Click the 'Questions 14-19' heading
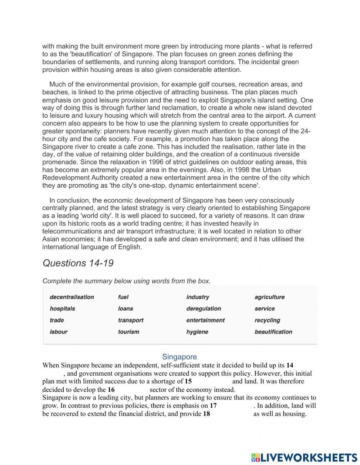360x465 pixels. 78,263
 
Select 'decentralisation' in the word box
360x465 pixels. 72,297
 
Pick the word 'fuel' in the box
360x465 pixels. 123,297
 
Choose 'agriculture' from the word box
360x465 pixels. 269,297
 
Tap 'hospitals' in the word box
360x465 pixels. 62,309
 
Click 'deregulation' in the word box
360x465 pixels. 203,309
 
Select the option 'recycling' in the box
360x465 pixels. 267,320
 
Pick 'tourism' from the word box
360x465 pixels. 128,332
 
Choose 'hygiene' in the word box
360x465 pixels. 197,332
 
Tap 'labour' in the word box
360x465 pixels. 58,332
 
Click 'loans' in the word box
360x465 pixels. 125,309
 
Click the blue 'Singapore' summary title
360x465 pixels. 179,357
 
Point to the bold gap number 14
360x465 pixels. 290,366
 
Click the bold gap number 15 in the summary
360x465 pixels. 188,381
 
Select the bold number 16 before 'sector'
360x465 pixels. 111,390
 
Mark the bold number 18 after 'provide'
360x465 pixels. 206,414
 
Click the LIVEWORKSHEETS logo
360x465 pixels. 304,457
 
